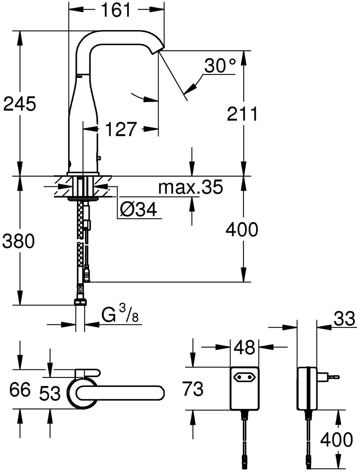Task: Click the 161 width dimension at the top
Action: [116, 11]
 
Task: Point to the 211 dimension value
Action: [242, 114]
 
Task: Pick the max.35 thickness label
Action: [190, 188]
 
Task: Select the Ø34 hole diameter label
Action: [138, 210]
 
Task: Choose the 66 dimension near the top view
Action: [20, 390]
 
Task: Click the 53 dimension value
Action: [50, 394]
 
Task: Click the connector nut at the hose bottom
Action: [80, 302]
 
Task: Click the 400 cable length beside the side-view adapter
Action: [336, 440]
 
